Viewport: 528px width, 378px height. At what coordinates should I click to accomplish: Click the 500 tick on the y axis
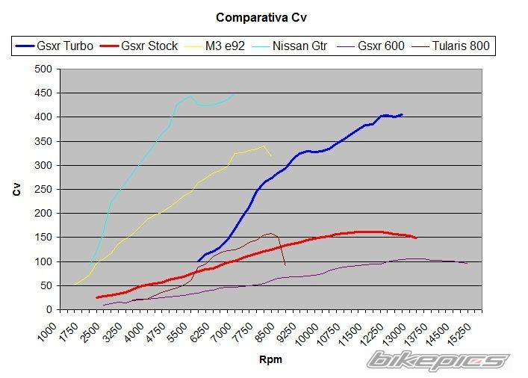[44, 69]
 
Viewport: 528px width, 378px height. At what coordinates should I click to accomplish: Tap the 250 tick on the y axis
[44, 189]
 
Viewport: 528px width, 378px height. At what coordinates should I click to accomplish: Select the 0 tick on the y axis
[49, 309]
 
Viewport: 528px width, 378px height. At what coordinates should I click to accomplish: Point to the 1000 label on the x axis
[49, 329]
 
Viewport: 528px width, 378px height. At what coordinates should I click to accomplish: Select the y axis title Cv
[16, 190]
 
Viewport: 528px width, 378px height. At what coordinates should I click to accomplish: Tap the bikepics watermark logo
[436, 361]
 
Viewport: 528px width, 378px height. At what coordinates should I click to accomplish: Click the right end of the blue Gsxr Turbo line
[403, 114]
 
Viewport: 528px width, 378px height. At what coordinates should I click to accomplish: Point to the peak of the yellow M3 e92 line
[263, 146]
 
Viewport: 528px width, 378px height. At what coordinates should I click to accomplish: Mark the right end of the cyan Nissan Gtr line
[235, 94]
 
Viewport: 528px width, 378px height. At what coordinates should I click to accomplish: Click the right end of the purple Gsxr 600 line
[468, 263]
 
